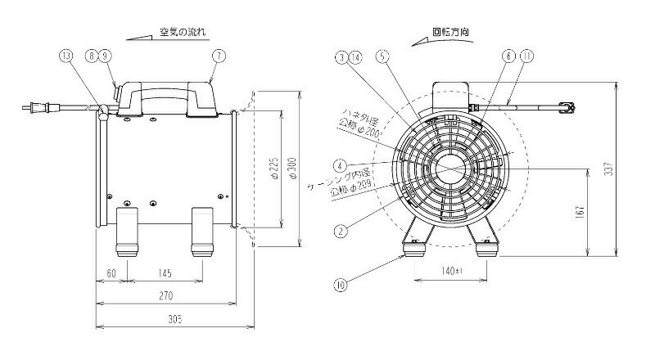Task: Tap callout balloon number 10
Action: (341, 286)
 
